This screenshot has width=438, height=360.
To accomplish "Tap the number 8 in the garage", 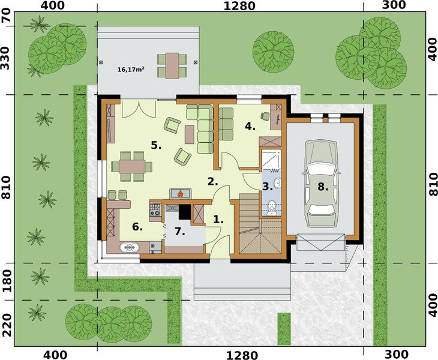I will [323, 187].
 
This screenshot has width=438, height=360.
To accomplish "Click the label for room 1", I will [218, 220].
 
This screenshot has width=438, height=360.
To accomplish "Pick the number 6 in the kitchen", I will [137, 226].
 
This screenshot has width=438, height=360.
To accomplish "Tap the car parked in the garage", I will [323, 183].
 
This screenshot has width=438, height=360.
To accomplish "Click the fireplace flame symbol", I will [179, 193].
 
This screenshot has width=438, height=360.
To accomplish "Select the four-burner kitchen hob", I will [154, 209].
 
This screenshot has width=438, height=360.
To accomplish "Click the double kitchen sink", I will [130, 247].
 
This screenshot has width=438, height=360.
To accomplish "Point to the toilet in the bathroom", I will [272, 206].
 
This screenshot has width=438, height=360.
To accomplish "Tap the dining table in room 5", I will [131, 166].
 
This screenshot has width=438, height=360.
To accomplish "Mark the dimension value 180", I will [7, 280].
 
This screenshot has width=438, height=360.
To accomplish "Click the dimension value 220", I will [7, 323].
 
